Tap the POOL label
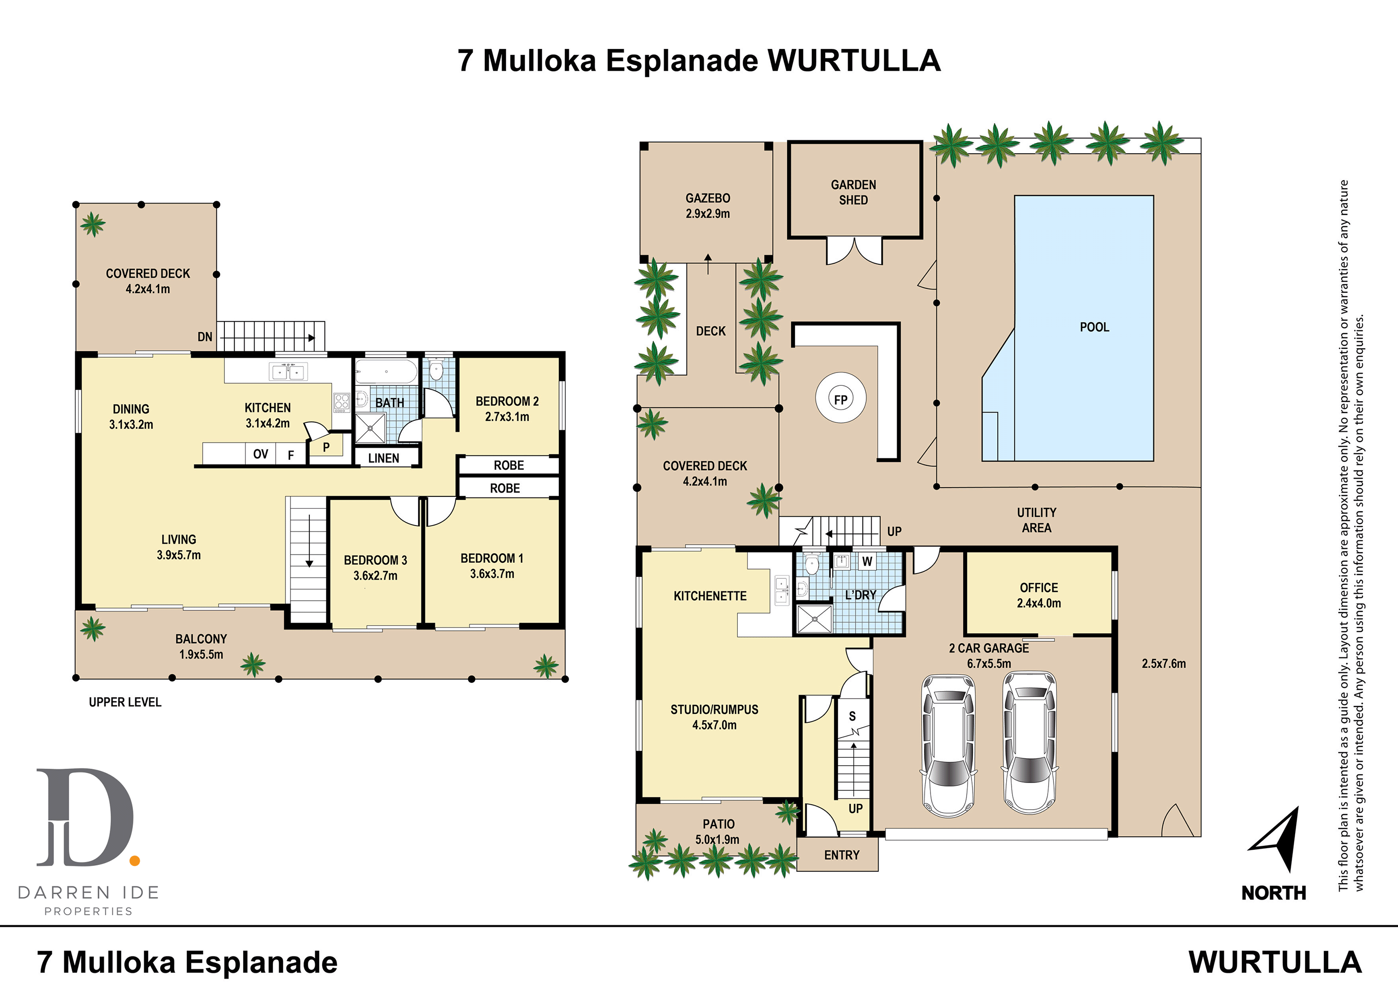(1094, 327)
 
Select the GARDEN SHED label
(853, 192)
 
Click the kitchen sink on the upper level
(288, 371)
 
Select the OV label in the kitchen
(260, 454)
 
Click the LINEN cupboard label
(383, 458)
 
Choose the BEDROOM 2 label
(507, 401)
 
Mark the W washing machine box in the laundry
(867, 561)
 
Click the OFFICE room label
(1039, 587)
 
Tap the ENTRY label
(842, 855)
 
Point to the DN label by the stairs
(205, 336)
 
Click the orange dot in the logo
(134, 860)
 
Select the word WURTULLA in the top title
(854, 61)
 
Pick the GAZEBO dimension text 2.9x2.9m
(708, 214)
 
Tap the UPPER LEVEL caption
(125, 702)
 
